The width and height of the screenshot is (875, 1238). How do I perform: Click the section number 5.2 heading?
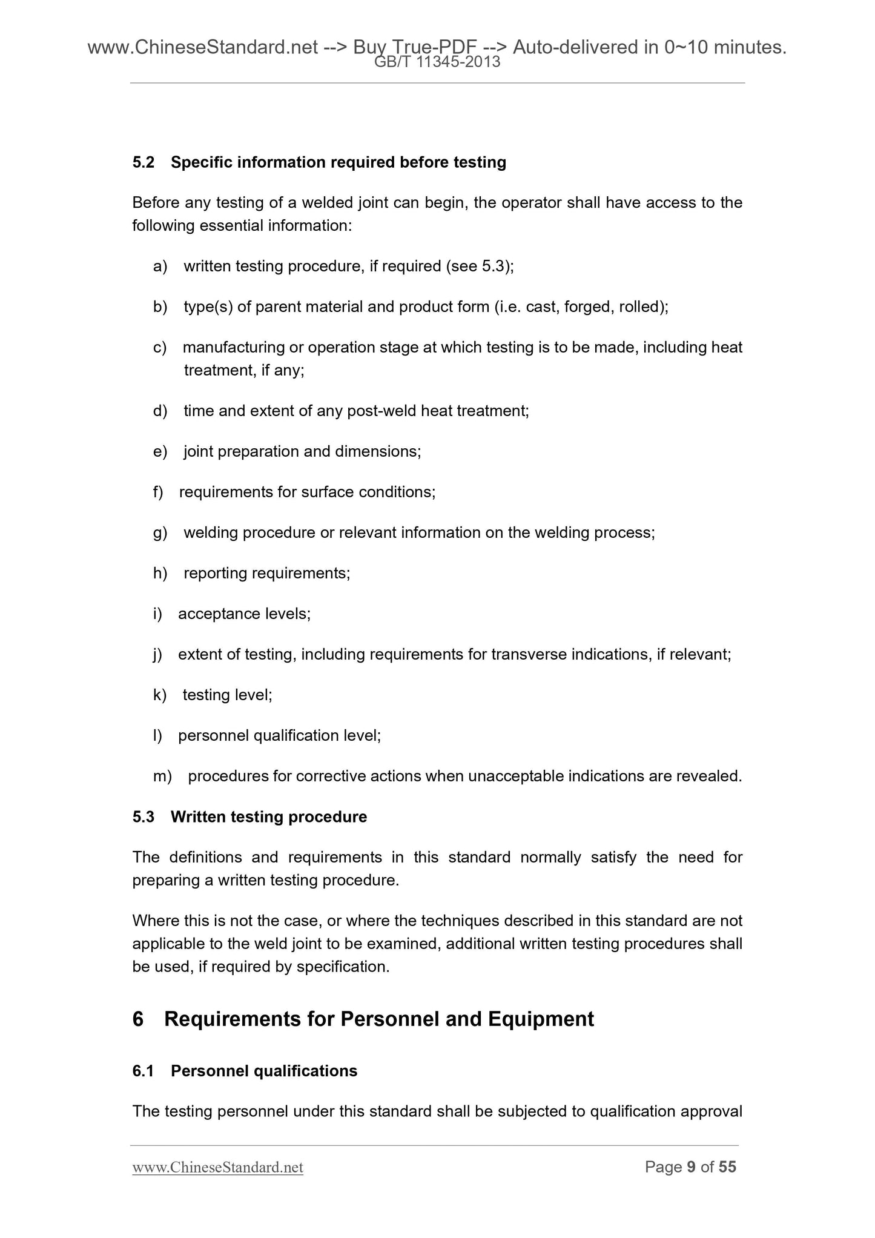pos(144,162)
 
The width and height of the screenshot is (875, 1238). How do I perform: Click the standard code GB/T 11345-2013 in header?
pos(437,62)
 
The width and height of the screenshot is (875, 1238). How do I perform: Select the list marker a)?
pos(160,266)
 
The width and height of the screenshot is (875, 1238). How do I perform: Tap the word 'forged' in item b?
pos(587,307)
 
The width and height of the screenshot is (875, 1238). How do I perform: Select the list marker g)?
pos(160,533)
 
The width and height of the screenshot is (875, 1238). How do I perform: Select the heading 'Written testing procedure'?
pos(269,817)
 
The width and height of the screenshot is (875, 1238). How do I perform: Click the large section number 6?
pos(138,1019)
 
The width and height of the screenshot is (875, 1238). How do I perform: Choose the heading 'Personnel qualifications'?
pos(264,1071)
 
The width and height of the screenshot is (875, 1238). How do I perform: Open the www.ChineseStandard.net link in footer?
pos(217,1167)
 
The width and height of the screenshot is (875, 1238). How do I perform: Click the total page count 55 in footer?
pos(727,1167)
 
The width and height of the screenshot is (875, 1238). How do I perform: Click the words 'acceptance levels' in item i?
pos(244,614)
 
